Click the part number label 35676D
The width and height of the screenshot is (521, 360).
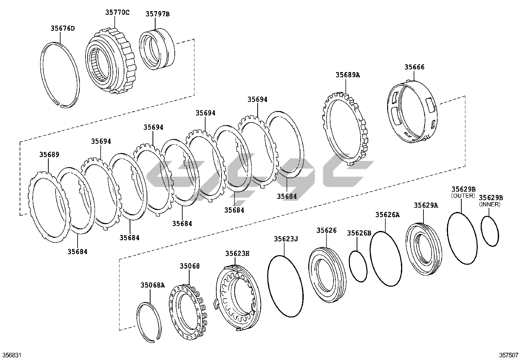point(63,28)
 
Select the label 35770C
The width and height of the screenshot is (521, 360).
point(117,13)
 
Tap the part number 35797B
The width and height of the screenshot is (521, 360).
point(158,14)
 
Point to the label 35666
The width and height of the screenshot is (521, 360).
point(414,67)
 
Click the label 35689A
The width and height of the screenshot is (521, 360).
point(348,75)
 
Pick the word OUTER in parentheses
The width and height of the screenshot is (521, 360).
point(463,196)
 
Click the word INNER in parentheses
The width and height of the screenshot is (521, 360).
point(490,204)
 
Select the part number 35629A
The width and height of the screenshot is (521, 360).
point(426,205)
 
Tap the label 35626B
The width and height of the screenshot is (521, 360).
point(359,233)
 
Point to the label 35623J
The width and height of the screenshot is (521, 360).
point(286,239)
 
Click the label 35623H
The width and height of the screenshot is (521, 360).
point(237,253)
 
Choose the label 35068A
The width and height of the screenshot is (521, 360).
point(153,285)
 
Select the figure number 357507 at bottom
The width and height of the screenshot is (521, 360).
point(509,355)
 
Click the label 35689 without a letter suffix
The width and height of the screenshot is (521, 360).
point(49,154)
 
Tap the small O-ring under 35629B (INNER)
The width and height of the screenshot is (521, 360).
point(490,231)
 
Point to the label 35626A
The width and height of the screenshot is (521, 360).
point(387,215)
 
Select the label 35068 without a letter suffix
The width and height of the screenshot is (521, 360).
point(189,266)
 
